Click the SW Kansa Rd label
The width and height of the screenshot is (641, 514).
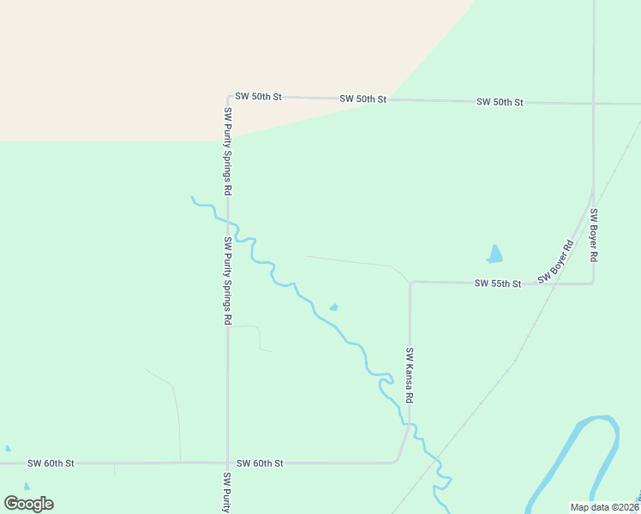click(410, 375)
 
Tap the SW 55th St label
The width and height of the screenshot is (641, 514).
click(498, 284)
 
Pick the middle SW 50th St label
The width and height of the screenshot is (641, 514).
click(363, 99)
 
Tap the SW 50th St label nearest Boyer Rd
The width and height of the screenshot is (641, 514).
click(500, 102)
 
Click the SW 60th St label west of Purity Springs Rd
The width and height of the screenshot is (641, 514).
click(51, 463)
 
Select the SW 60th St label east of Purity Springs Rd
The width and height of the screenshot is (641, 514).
click(260, 463)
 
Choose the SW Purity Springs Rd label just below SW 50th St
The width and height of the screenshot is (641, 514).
click(228, 152)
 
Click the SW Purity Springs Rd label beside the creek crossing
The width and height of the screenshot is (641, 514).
click(228, 280)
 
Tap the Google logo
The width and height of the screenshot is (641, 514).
click(28, 503)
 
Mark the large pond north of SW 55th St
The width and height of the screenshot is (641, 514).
click(494, 254)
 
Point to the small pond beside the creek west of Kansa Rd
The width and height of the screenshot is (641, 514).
click(333, 308)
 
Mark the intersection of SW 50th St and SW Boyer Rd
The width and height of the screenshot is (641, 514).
click(593, 104)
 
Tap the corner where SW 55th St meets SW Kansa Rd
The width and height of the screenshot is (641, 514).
click(410, 283)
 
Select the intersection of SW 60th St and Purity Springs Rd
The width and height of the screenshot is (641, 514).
click(227, 463)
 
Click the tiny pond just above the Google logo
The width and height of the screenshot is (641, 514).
click(26, 487)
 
